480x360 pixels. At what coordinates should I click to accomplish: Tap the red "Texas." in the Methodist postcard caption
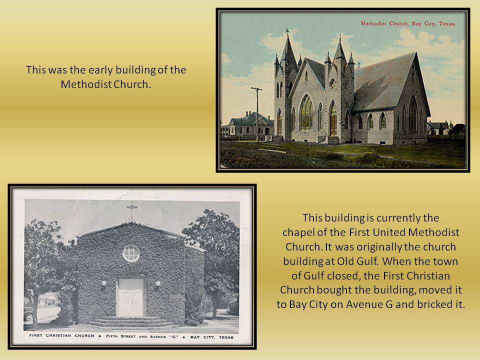(x=447, y=23)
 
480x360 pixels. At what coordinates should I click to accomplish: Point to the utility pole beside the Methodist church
(x=257, y=115)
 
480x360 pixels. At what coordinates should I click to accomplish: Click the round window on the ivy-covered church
(x=131, y=253)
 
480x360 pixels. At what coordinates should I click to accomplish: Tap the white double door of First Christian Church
(x=130, y=297)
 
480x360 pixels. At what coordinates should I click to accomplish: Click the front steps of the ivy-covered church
(x=131, y=321)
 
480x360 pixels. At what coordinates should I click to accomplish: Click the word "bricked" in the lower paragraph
(x=433, y=304)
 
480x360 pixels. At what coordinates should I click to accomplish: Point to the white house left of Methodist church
(x=247, y=124)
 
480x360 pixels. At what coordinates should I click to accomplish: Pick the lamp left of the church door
(x=104, y=284)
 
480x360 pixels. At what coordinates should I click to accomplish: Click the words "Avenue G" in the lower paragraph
(x=369, y=304)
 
